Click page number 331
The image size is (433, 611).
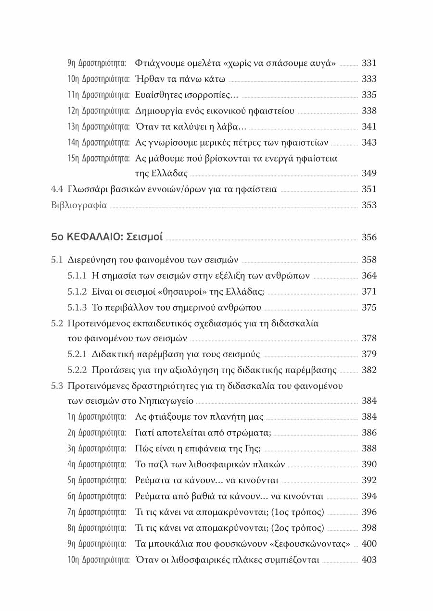(x=369, y=63)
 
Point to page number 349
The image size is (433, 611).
(x=369, y=173)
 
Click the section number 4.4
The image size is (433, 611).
(x=57, y=189)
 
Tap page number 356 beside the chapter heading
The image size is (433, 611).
(x=369, y=237)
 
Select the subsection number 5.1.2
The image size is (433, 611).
(x=77, y=292)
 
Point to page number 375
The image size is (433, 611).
(x=369, y=308)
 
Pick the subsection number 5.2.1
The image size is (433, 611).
(x=77, y=355)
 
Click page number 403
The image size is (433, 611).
(x=369, y=560)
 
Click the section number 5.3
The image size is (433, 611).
(x=57, y=386)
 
